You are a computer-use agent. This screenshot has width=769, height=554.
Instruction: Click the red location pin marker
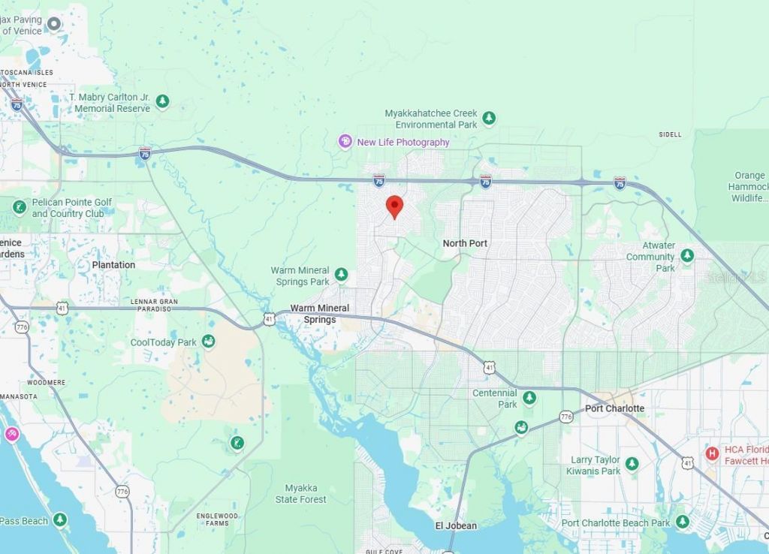pyautogui.click(x=394, y=206)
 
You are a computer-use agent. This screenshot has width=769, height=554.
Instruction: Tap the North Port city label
pyautogui.click(x=465, y=243)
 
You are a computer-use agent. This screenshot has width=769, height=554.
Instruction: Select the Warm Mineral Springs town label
pyautogui.click(x=320, y=314)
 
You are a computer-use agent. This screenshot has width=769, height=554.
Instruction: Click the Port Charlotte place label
pyautogui.click(x=614, y=408)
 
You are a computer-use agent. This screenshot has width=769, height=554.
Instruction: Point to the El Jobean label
pyautogui.click(x=456, y=525)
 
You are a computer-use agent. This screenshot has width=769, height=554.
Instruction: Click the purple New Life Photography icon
pyautogui.click(x=345, y=141)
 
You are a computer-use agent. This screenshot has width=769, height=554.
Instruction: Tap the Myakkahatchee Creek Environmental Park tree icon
pyautogui.click(x=490, y=119)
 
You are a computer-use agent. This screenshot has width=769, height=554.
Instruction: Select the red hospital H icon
pyautogui.click(x=712, y=453)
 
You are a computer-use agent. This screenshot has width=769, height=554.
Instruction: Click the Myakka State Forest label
pyautogui.click(x=300, y=494)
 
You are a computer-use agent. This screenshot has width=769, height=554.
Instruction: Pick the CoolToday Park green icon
pyautogui.click(x=209, y=342)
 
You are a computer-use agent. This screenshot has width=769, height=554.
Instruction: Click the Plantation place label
pyautogui.click(x=113, y=265)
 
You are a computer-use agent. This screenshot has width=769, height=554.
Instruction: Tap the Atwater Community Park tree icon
pyautogui.click(x=687, y=256)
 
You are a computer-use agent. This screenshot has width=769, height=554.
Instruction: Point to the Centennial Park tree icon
pyautogui.click(x=529, y=398)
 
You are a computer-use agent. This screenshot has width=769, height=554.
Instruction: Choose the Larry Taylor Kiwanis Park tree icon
pyautogui.click(x=632, y=464)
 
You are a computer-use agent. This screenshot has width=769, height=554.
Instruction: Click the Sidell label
pyautogui.click(x=670, y=134)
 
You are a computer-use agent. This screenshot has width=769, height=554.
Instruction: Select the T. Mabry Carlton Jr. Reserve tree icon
pyautogui.click(x=162, y=101)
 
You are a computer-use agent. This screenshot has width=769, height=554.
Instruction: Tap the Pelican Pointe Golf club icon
pyautogui.click(x=20, y=207)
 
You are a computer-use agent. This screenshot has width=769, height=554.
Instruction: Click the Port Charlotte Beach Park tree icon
pyautogui.click(x=682, y=522)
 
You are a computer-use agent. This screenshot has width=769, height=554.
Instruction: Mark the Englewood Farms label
pyautogui.click(x=217, y=519)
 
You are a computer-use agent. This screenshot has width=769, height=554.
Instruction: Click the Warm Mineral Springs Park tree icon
pyautogui.click(x=342, y=275)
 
